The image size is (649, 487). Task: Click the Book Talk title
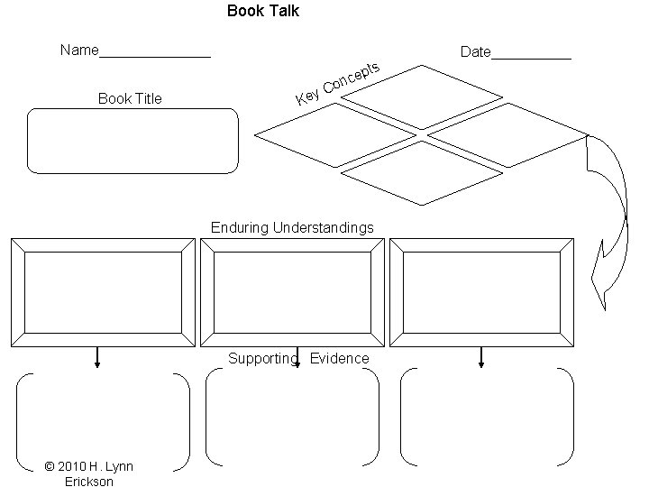[x=263, y=12]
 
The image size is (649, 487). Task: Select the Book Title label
[x=130, y=98]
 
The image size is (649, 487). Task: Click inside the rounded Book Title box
[x=133, y=141]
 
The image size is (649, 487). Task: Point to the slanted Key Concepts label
[x=338, y=83]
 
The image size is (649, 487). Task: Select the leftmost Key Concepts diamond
[x=334, y=135]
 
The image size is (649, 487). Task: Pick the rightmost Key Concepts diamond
[x=507, y=135]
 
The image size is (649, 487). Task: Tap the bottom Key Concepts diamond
[x=421, y=173]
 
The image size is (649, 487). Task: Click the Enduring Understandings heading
[x=292, y=228]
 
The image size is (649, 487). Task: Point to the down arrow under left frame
[x=97, y=358]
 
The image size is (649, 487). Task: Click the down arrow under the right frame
[x=481, y=358]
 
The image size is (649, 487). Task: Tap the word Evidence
[x=340, y=359]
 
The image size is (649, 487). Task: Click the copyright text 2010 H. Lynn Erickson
[x=88, y=473]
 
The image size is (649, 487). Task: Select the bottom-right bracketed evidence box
[x=487, y=417]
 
